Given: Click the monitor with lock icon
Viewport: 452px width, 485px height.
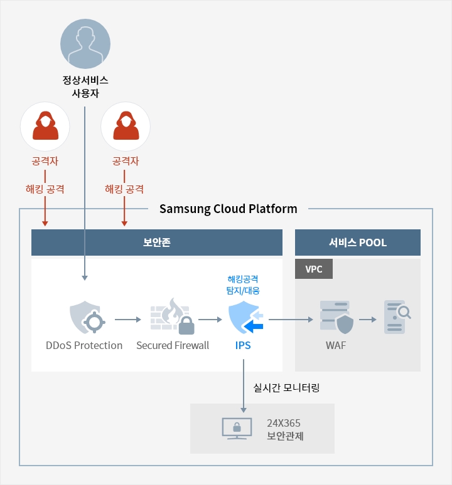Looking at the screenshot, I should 237,429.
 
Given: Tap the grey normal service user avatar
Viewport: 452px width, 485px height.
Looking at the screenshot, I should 85,43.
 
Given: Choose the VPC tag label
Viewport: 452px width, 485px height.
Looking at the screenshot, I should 314,269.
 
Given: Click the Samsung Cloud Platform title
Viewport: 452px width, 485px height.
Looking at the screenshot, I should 229,209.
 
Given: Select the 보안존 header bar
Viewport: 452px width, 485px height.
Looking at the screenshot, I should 157,242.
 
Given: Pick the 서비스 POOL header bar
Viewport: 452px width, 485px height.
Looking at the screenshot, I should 357,242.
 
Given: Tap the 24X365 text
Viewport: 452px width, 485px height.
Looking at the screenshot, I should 284,422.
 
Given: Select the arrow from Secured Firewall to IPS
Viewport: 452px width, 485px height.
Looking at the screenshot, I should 210,320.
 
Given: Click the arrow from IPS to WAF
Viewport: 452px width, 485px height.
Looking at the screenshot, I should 290,320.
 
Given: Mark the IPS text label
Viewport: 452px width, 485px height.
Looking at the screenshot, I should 242,345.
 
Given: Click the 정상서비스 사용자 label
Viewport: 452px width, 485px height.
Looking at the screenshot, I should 85,86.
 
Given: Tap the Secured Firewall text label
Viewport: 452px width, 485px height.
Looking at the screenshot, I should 173,345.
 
